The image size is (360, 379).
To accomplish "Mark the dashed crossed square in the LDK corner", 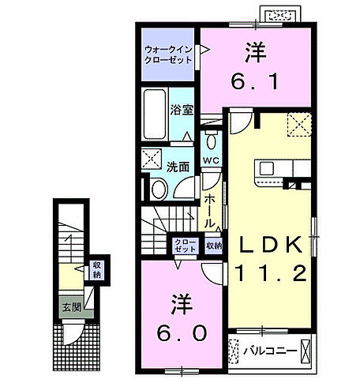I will click(x=299, y=123).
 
